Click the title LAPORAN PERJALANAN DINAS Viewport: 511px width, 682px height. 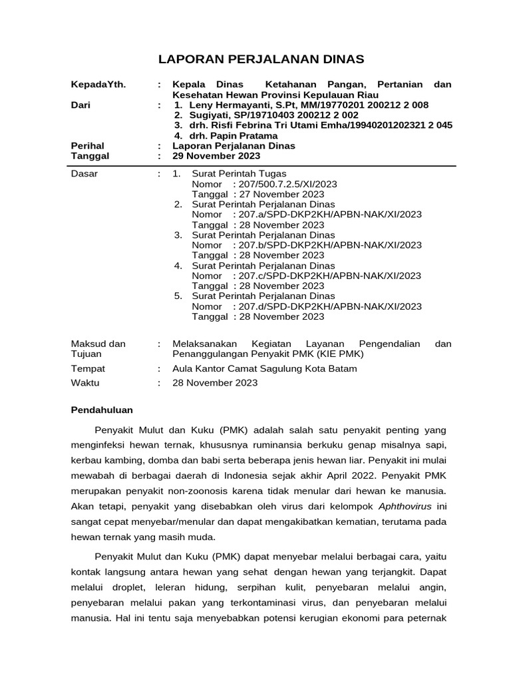point(261,59)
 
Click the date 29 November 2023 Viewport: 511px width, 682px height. point(216,156)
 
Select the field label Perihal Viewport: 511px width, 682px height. point(87,145)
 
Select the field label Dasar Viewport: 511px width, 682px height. point(84,174)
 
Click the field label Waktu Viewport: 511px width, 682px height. point(85,383)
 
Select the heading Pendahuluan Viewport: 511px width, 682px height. point(102,410)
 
